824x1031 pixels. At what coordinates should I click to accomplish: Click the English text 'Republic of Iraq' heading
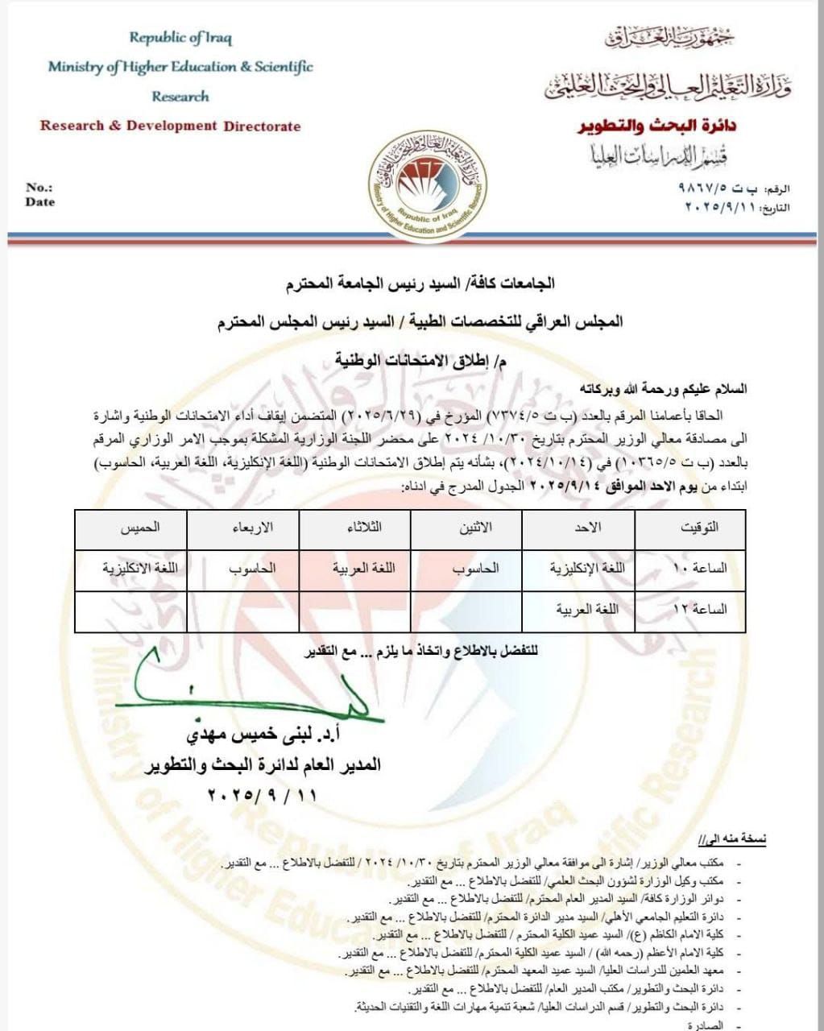(x=180, y=37)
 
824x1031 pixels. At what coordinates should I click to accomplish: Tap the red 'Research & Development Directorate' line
(x=170, y=126)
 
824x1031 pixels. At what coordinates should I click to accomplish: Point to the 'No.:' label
(x=39, y=187)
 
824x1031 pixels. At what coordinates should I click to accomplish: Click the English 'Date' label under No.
(x=39, y=202)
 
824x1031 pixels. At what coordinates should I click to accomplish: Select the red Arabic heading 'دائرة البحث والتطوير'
(x=656, y=126)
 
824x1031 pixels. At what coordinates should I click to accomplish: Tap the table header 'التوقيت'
(x=700, y=528)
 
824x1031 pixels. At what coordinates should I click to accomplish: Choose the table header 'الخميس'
(x=139, y=528)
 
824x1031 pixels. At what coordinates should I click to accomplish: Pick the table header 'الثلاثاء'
(x=363, y=528)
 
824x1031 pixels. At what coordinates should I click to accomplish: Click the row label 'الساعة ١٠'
(x=699, y=568)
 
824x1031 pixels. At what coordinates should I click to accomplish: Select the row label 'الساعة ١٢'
(x=699, y=610)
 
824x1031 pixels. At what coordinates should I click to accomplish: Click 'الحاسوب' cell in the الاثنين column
(x=475, y=568)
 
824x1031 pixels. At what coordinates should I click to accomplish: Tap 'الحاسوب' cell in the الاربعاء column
(x=252, y=568)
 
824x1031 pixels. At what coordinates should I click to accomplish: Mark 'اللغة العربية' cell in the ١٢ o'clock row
(x=587, y=610)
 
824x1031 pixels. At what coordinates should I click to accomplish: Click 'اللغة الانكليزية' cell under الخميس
(x=139, y=568)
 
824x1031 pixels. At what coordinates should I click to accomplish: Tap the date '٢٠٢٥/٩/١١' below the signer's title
(x=262, y=795)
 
